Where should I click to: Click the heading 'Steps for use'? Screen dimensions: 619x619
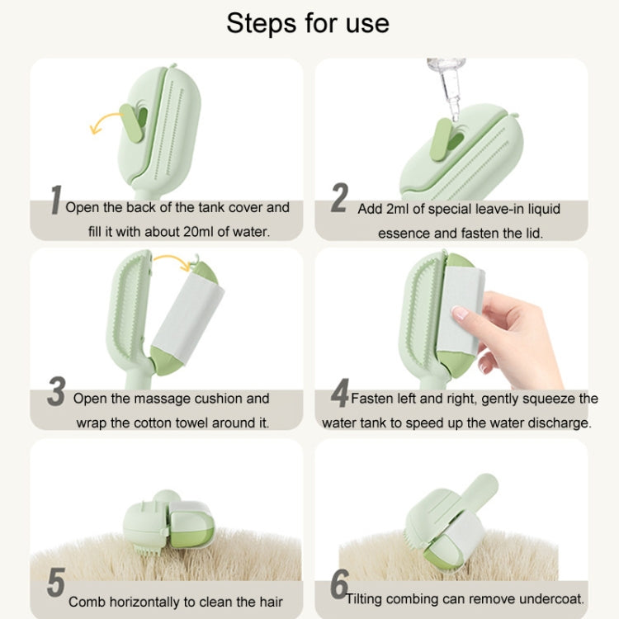(x=308, y=23)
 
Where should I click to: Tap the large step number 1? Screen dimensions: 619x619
(x=56, y=200)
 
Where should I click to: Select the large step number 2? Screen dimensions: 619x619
(x=339, y=198)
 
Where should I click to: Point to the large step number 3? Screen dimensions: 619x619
(x=56, y=391)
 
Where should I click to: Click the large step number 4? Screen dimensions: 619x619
(x=339, y=393)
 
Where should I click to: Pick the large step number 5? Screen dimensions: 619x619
(x=55, y=583)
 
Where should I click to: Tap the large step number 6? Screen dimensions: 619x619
(x=339, y=584)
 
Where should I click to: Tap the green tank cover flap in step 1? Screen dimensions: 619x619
(x=132, y=123)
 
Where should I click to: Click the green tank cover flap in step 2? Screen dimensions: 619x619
(x=441, y=139)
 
